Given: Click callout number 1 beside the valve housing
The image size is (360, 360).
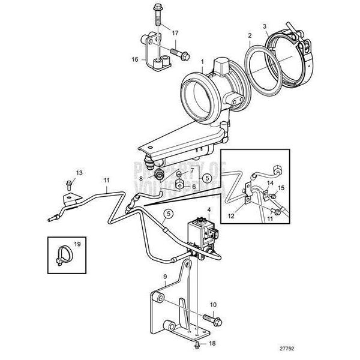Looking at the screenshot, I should tap(203, 62).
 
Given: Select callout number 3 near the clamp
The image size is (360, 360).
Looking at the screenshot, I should tap(265, 26).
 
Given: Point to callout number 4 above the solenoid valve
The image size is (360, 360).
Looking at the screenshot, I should tap(208, 209).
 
